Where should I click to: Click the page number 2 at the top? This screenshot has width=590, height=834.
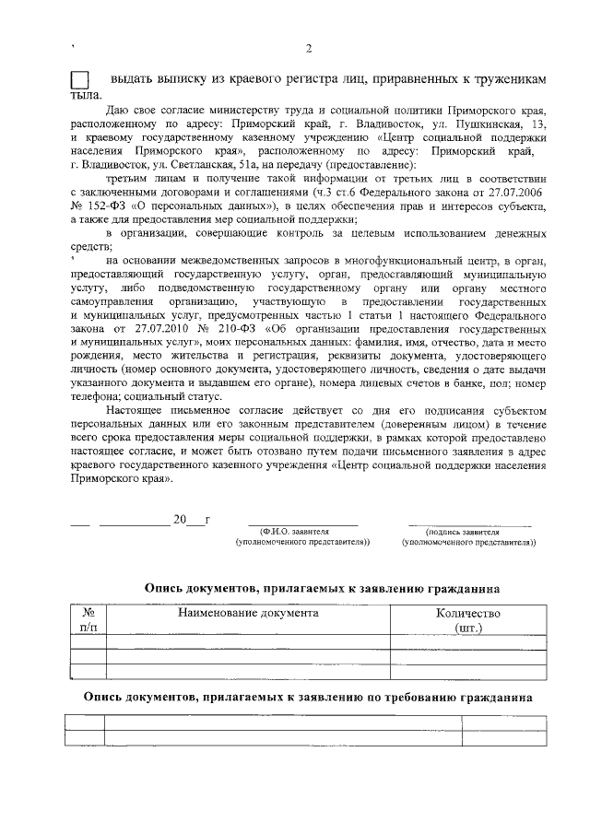tap(309, 48)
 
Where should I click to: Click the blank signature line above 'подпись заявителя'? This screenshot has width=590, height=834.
tap(470, 523)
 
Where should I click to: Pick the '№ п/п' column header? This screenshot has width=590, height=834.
tap(89, 619)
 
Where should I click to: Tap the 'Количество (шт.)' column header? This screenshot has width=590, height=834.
tap(468, 619)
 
